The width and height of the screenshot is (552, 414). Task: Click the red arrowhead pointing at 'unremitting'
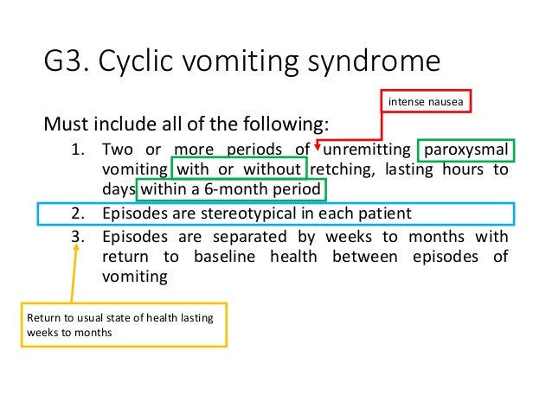(x=318, y=147)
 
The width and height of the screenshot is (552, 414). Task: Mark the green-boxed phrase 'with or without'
(x=240, y=169)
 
